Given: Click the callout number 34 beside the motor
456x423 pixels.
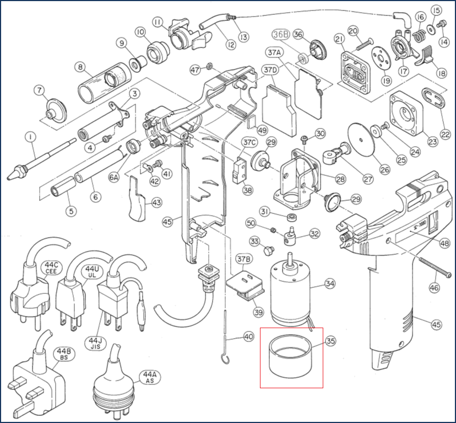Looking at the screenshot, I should (330, 284).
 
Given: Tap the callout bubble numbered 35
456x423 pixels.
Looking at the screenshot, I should (330, 341).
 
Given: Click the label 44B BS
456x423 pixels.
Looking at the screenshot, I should (61, 355).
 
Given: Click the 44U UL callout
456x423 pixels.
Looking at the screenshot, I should (91, 272).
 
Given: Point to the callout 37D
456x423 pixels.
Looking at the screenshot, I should (269, 70).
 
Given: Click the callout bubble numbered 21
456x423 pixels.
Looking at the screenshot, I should (339, 38).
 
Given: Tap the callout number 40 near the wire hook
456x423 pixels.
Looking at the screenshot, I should (248, 336).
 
